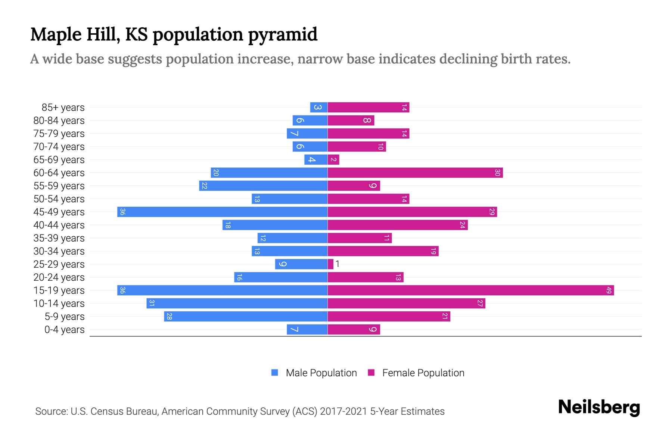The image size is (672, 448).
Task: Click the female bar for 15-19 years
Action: pos(470,290)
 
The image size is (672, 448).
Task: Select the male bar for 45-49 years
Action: pos(222,212)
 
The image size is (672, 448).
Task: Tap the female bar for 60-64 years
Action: pos(415,172)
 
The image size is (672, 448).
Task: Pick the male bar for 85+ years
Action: pos(319,107)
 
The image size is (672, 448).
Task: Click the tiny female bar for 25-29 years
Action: pos(330,264)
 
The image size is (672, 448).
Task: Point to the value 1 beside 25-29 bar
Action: pos(337,264)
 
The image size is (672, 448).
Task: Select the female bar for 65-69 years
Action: pos(333,159)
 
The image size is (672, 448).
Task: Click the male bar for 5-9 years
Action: pos(246,316)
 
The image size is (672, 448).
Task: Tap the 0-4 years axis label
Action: pos(64,330)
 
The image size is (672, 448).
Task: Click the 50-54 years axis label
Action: pos(59,199)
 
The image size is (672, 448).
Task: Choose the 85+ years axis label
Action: pos(63,108)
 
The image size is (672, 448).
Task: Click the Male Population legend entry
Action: pos(321,373)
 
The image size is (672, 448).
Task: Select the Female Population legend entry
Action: pos(423,373)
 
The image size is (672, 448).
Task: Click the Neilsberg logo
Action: pos(599,407)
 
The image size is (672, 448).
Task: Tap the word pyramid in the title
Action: pos(283,35)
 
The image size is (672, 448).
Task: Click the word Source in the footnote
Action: pos(51,411)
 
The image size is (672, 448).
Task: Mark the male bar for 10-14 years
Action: pos(237,303)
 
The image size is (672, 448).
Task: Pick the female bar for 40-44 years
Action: pos(398,225)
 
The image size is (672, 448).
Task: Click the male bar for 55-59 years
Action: pos(263,186)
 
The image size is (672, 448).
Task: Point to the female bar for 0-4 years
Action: pos(354,329)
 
